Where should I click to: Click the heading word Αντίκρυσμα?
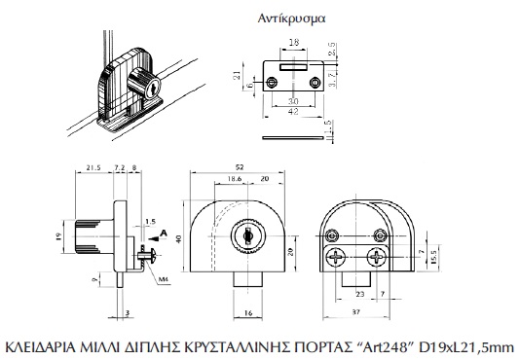pyautogui.click(x=291, y=18)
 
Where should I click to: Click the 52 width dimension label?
pyautogui.click(x=239, y=167)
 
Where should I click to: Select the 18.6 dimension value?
pyautogui.click(x=234, y=179)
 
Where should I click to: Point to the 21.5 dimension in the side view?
pyautogui.click(x=93, y=167)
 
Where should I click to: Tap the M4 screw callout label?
pyautogui.click(x=164, y=280)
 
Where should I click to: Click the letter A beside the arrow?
pyautogui.click(x=164, y=234)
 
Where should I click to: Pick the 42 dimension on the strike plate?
pyautogui.click(x=293, y=111)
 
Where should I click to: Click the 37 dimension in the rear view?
pyautogui.click(x=355, y=312)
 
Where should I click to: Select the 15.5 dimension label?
pyautogui.click(x=433, y=257)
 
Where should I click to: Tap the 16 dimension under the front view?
pyautogui.click(x=248, y=312)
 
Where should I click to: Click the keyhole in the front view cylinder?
pyautogui.click(x=247, y=235)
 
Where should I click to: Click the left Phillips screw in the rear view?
pyautogui.click(x=335, y=258)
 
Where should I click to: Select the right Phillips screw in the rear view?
pyautogui.click(x=377, y=257)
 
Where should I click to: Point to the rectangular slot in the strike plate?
pyautogui.click(x=293, y=67)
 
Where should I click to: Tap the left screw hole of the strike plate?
pyautogui.click(x=272, y=82)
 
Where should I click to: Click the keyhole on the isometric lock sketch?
pyautogui.click(x=154, y=89)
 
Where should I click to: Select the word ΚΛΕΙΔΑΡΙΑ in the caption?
pyautogui.click(x=42, y=347)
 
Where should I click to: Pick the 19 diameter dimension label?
pyautogui.click(x=59, y=236)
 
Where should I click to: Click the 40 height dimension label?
pyautogui.click(x=178, y=238)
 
